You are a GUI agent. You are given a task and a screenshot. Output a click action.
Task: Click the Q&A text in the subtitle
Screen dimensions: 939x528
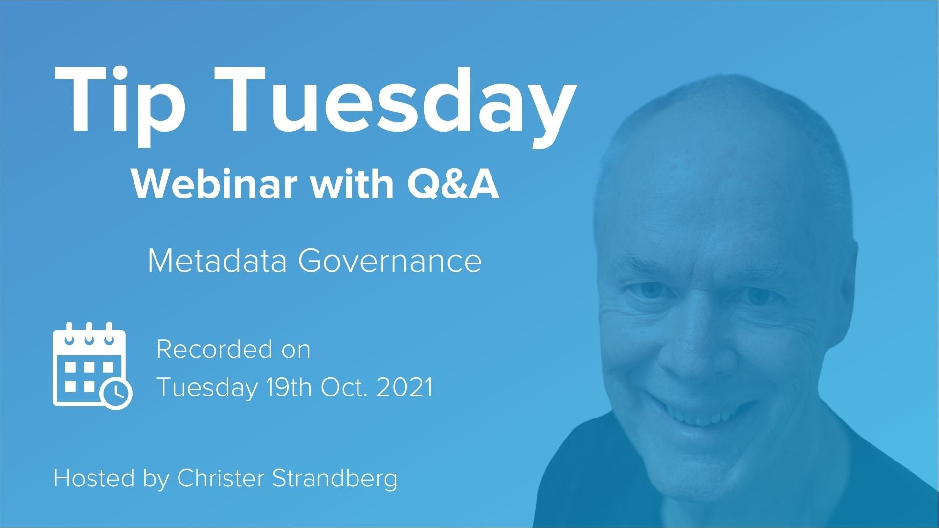[x=454, y=185]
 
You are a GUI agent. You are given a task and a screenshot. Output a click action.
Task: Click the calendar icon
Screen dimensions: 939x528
[x=92, y=366]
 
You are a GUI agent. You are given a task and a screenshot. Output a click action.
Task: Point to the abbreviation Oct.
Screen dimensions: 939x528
[x=344, y=388]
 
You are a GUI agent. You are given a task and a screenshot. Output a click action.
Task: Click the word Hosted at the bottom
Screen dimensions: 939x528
[x=94, y=478]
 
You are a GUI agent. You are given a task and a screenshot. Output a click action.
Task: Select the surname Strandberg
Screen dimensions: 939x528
[x=335, y=478]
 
